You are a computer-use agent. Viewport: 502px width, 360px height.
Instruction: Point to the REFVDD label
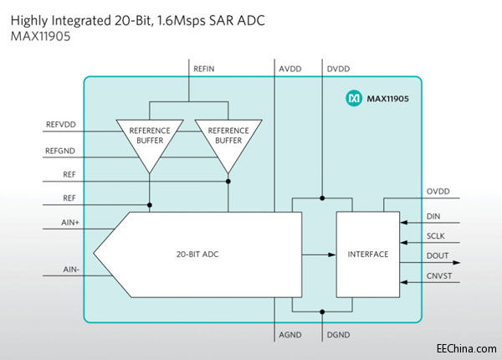pyautogui.click(x=61, y=124)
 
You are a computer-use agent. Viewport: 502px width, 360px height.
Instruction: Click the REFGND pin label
pyautogui.click(x=61, y=151)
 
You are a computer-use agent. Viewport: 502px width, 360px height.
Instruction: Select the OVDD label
pyautogui.click(x=438, y=192)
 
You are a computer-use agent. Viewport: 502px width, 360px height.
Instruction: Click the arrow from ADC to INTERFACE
pyautogui.click(x=317, y=254)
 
